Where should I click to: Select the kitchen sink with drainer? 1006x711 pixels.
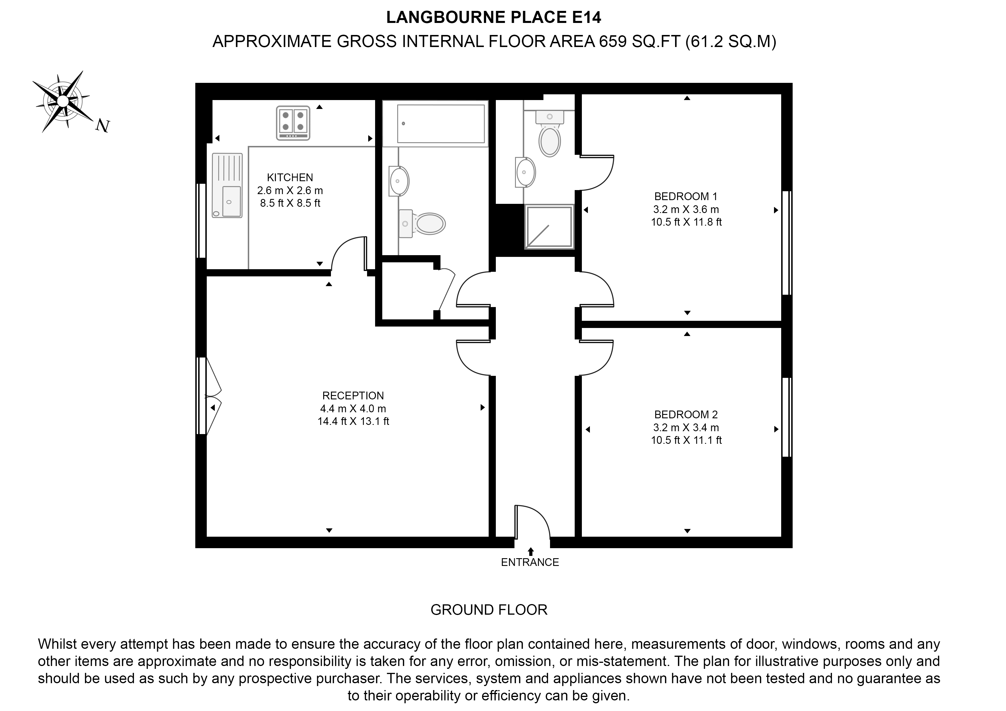227,185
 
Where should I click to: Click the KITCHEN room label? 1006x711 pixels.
290,177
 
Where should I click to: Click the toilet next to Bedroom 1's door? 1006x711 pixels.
549,136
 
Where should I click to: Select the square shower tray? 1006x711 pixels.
549,227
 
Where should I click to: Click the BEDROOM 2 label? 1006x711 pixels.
686,415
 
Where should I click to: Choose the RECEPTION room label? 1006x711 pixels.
353,396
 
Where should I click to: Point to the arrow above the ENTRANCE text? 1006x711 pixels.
531,551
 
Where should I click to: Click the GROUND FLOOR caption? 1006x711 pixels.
489,610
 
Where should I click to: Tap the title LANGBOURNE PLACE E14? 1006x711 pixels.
493,17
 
